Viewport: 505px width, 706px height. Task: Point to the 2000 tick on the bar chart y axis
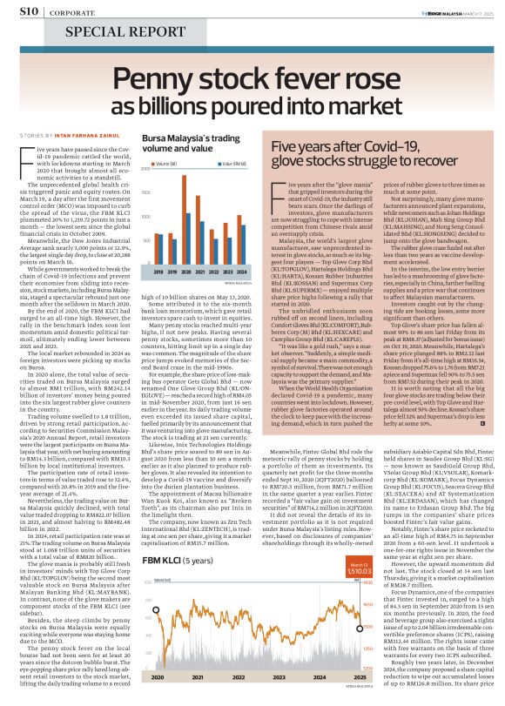[141, 174]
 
